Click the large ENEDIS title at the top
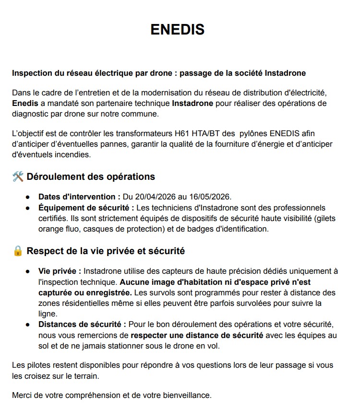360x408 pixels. (x=178, y=30)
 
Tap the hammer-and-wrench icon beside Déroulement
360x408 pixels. (x=18, y=177)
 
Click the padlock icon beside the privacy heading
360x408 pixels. (x=18, y=251)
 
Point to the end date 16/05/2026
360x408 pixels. (x=211, y=197)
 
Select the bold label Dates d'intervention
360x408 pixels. (x=79, y=197)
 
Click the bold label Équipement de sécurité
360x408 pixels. (x=85, y=208)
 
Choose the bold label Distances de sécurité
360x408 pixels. (x=82, y=325)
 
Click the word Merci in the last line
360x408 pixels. (x=23, y=396)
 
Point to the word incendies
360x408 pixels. (x=72, y=155)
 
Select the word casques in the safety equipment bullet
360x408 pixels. (x=97, y=229)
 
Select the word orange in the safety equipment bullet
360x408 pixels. (x=51, y=229)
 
